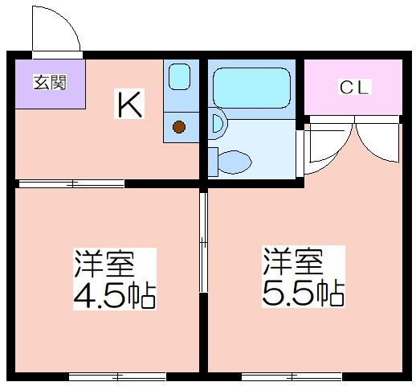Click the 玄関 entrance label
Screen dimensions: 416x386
[50, 82]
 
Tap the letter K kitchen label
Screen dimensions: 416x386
[129, 104]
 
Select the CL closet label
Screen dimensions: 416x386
[354, 87]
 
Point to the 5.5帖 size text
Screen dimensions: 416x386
[304, 293]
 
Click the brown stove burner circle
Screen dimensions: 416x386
[179, 127]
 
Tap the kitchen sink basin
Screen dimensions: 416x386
[179, 76]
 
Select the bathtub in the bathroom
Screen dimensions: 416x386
[251, 88]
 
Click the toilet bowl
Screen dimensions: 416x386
[235, 162]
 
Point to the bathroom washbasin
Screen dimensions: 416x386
[219, 124]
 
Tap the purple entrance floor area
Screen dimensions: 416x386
[50, 84]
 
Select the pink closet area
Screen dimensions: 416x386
[353, 87]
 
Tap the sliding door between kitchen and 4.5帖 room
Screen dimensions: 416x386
[71, 184]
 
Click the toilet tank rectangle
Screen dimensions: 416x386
[213, 162]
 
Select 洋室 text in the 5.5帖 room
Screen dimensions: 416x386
[293, 261]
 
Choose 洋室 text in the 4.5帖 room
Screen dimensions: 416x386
[104, 264]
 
